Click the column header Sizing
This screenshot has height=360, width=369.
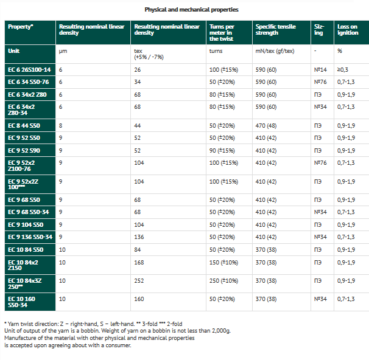pyautogui.click(x=320, y=30)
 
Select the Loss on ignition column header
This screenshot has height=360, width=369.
pyautogui.click(x=348, y=30)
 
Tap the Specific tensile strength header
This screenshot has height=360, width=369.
pyautogui.click(x=275, y=30)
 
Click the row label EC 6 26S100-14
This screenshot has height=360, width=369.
pyautogui.click(x=29, y=71)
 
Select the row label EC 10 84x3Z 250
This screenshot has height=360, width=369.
pyautogui.click(x=24, y=282)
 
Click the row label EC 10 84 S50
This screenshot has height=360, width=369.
pyautogui.click(x=25, y=249)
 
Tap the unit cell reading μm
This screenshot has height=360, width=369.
pyautogui.click(x=62, y=52)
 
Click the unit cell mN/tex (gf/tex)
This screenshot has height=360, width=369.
pyautogui.click(x=275, y=52)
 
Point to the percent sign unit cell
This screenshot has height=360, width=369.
pyautogui.click(x=340, y=52)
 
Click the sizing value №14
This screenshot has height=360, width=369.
pyautogui.click(x=320, y=71)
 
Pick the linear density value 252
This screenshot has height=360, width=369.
pyautogui.click(x=139, y=280)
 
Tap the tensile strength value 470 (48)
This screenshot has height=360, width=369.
pyautogui.click(x=266, y=126)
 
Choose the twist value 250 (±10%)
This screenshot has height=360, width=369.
pyautogui.click(x=223, y=280)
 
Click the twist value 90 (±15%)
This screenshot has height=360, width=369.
pyautogui.click(x=222, y=150)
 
